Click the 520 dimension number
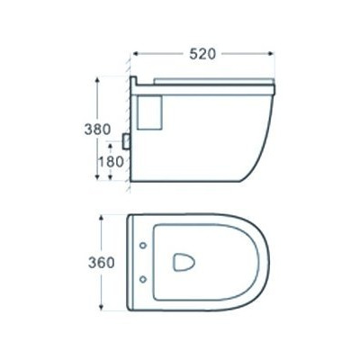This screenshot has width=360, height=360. coord(202,54)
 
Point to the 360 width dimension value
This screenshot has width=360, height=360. coord(101,263)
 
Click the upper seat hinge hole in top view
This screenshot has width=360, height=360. coord(143,246)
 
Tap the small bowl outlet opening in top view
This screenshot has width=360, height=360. coord(183,263)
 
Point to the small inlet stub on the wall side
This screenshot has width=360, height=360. coord(126,140)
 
